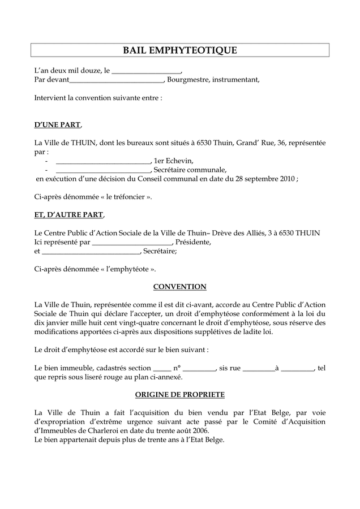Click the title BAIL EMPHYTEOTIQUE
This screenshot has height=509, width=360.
180,51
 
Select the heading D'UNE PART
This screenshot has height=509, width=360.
58,124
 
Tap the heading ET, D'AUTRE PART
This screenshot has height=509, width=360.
69,215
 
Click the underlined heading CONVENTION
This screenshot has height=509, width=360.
180,287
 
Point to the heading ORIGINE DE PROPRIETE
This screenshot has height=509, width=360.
180,394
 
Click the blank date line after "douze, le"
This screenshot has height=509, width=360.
147,71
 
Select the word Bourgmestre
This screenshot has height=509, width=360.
188,80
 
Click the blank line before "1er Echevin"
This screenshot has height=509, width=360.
104,161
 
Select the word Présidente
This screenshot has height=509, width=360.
193,242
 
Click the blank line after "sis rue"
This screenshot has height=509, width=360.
259,368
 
